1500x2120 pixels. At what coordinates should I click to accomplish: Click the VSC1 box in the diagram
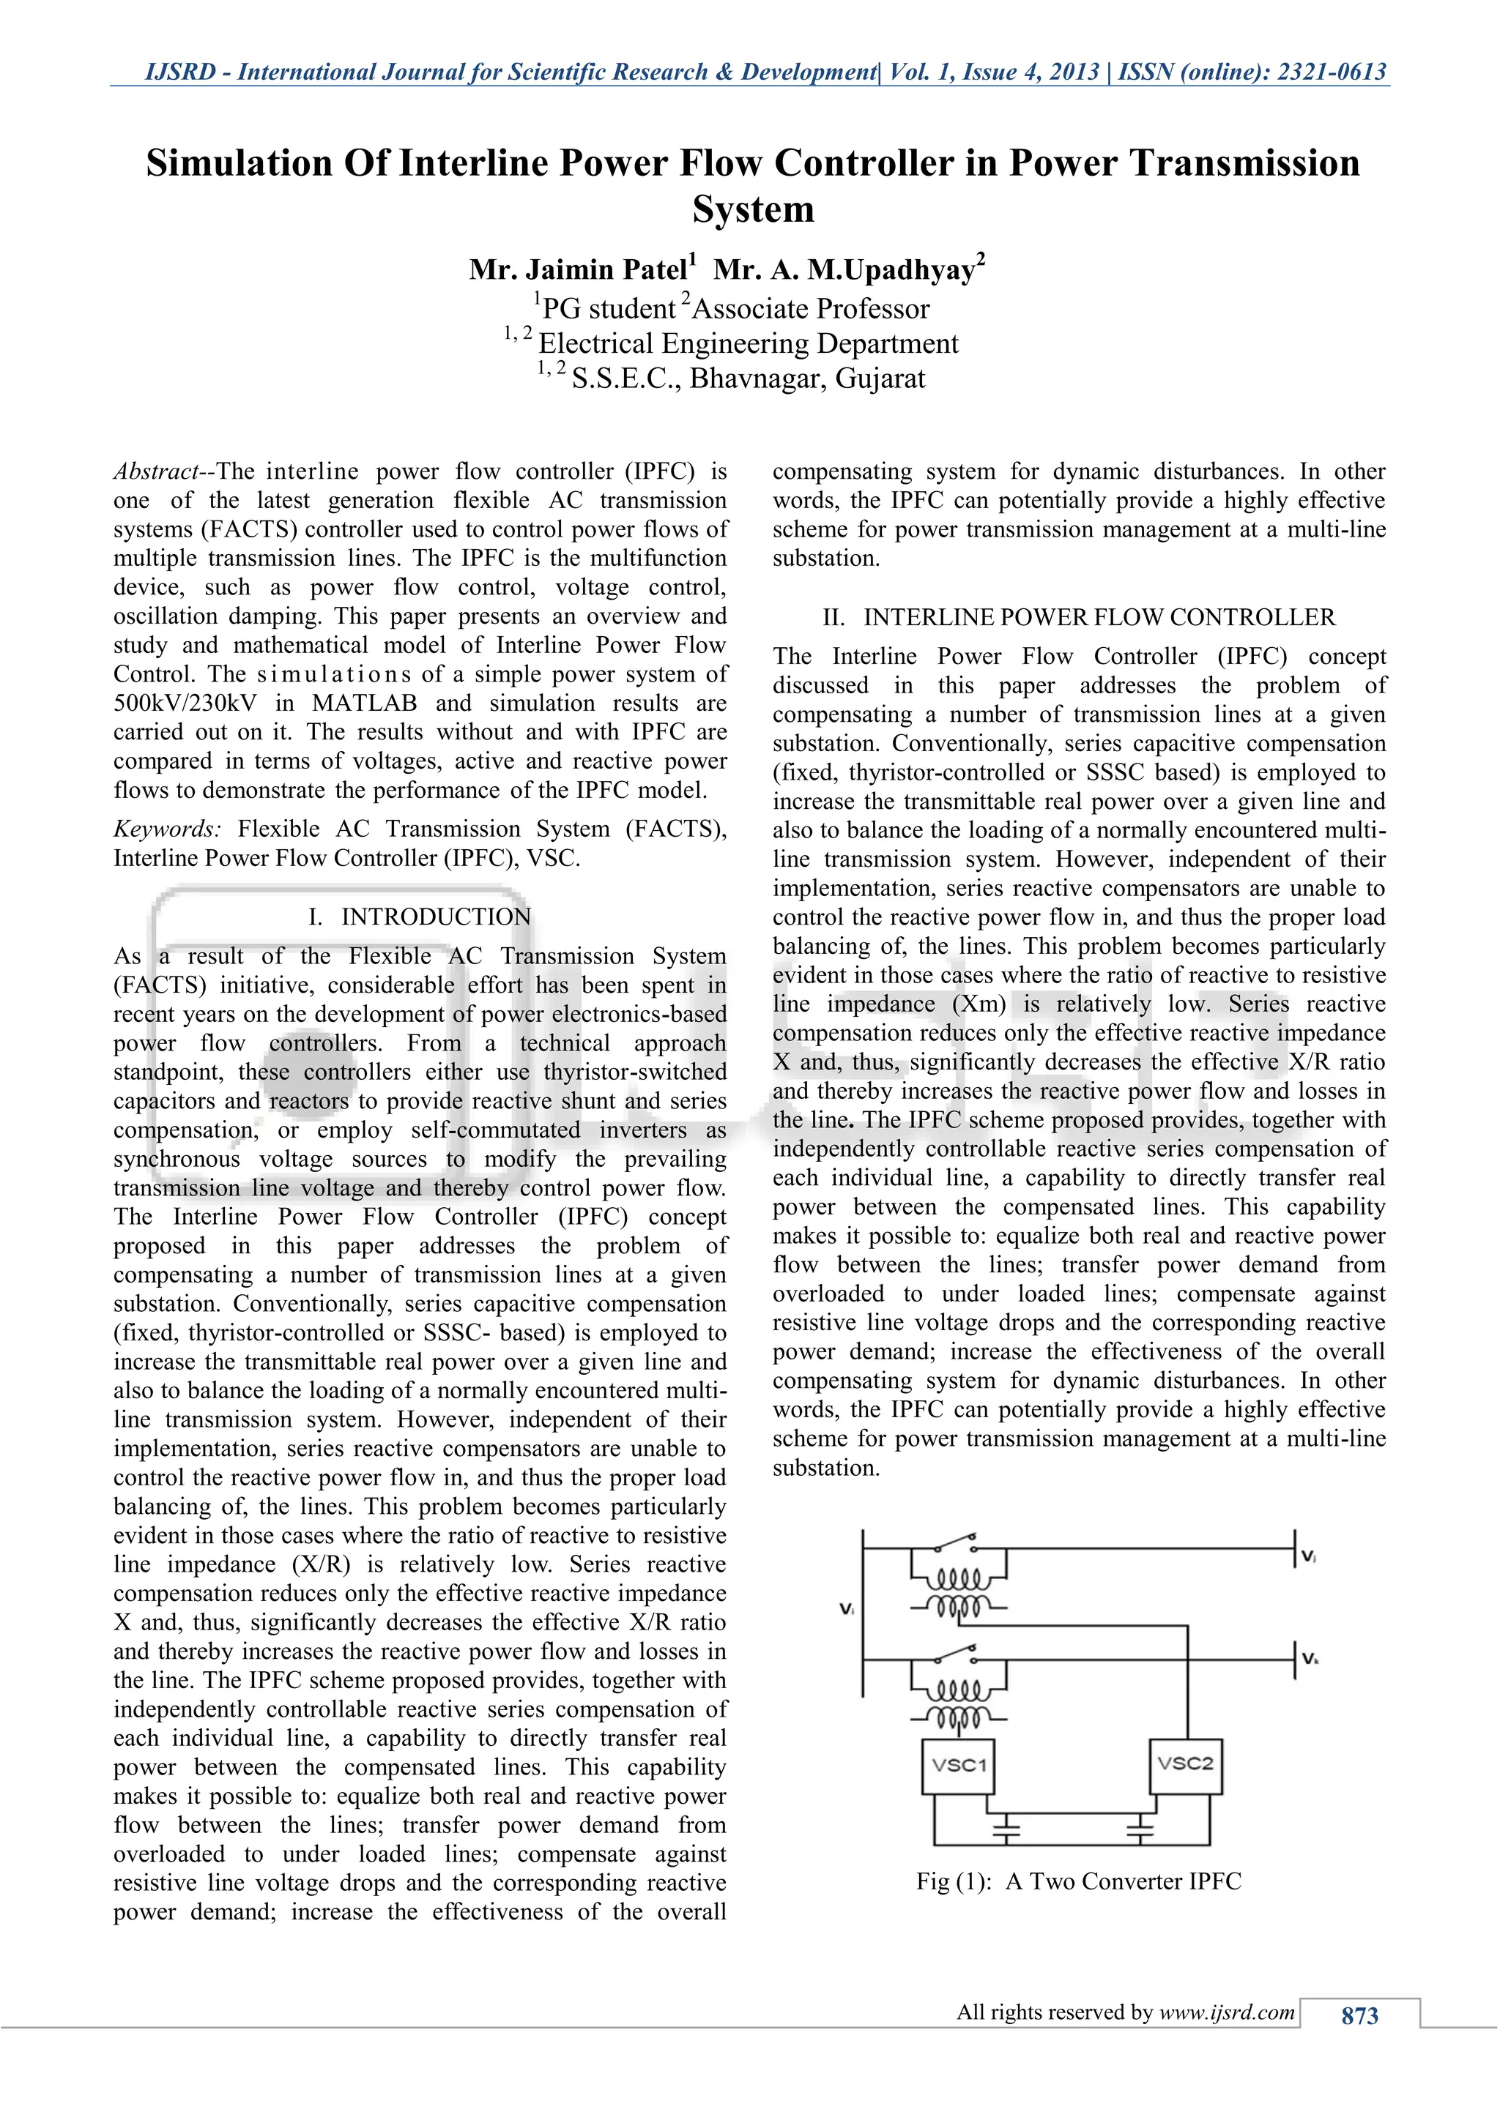(959, 1766)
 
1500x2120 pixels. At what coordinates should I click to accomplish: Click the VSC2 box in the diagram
(1185, 1764)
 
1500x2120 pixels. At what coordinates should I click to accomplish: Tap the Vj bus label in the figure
(1309, 1557)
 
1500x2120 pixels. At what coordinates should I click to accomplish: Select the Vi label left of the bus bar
(846, 1608)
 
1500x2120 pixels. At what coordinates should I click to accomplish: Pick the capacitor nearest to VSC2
(1140, 1827)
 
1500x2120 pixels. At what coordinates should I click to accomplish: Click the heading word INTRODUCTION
(436, 917)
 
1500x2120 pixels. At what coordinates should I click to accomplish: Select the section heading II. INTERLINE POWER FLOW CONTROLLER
(1079, 617)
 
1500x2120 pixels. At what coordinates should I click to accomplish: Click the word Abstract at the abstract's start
(155, 472)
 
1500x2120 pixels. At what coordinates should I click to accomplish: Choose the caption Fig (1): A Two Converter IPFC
(1079, 1881)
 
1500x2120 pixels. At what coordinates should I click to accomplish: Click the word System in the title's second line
(753, 209)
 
